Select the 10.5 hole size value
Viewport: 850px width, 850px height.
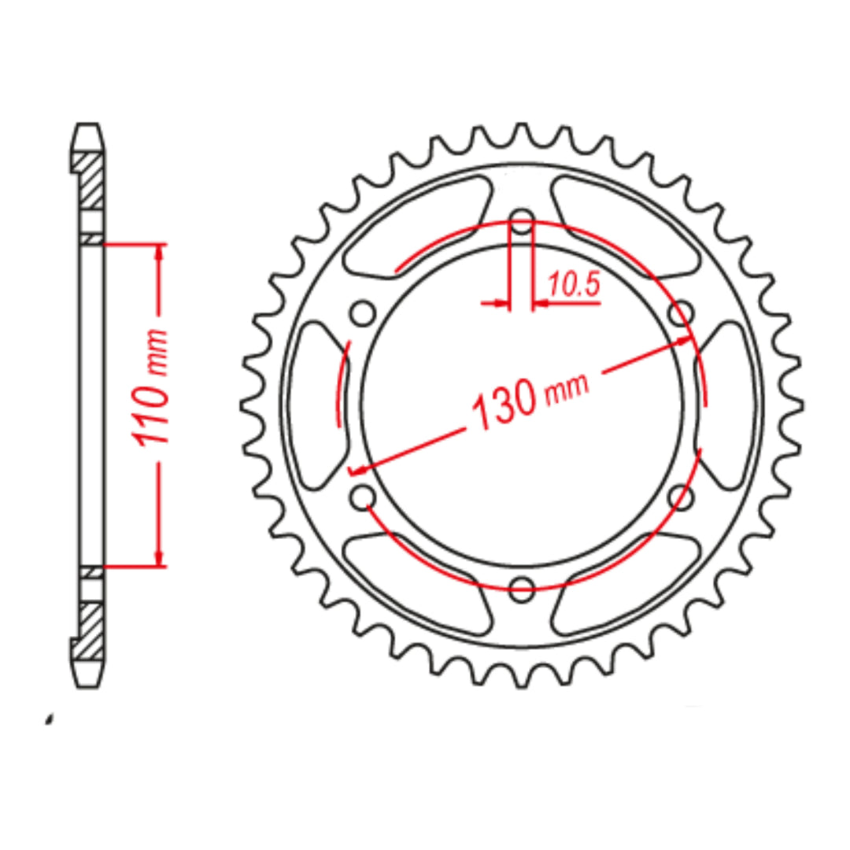pyautogui.click(x=574, y=286)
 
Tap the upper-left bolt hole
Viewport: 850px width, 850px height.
pyautogui.click(x=363, y=313)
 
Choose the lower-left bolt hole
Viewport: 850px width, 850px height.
pyautogui.click(x=363, y=496)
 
